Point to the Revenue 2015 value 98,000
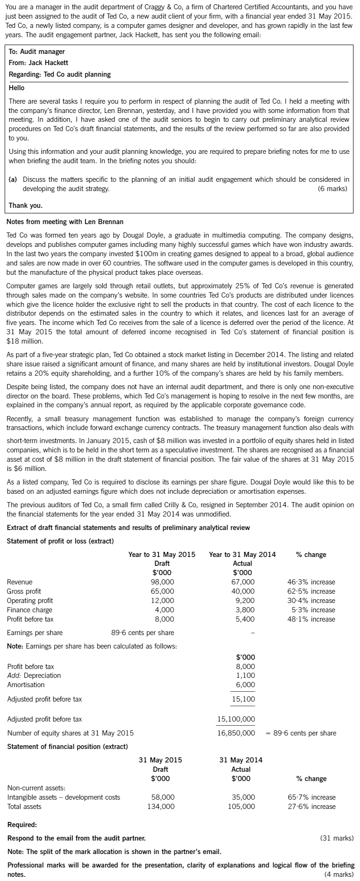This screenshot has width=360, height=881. (x=162, y=582)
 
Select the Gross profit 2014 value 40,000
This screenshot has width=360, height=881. (x=243, y=591)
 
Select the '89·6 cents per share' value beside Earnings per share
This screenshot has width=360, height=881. (x=143, y=633)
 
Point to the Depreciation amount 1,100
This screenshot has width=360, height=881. (x=246, y=676)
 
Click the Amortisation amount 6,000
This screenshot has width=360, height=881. (x=246, y=685)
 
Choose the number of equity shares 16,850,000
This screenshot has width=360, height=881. (x=236, y=733)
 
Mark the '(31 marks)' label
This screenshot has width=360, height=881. (x=337, y=838)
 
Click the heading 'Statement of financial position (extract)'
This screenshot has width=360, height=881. (x=67, y=747)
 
